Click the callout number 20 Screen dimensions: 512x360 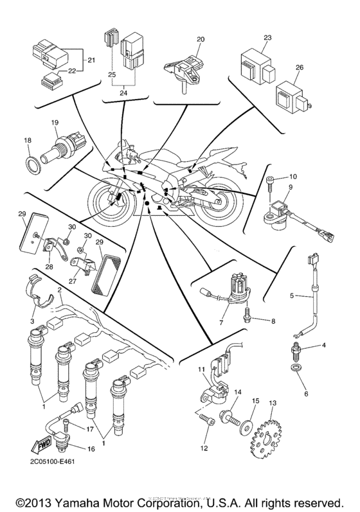[201, 39]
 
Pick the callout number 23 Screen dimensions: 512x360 [266, 38]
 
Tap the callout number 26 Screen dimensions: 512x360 [300, 67]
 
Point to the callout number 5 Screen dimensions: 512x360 [291, 297]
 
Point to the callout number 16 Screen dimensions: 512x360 [90, 450]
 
